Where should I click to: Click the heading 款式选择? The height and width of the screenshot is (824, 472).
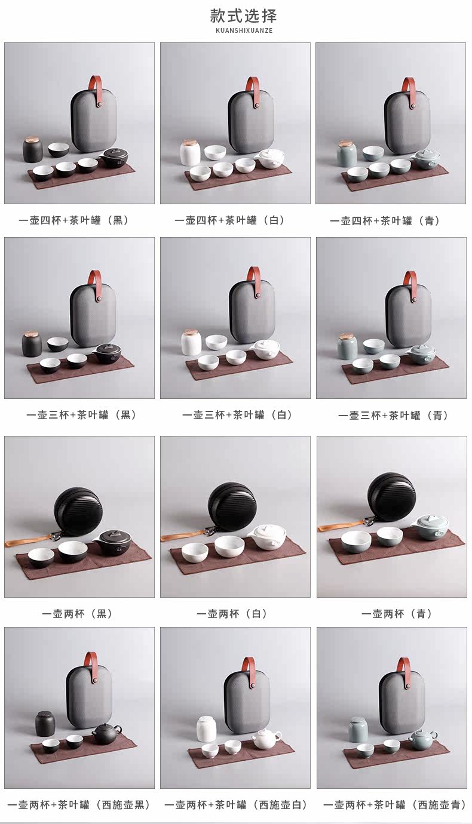pos(243,16)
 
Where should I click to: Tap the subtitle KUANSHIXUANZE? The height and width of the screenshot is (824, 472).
pos(244,30)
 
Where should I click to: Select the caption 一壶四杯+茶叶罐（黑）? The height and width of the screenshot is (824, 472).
pos(74,220)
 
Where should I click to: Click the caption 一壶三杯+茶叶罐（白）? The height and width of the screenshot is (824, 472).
pos(238,415)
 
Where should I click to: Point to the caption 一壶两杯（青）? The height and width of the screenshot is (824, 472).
pos(397,613)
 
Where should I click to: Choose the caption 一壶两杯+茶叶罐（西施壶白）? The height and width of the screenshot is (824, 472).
pos(236,804)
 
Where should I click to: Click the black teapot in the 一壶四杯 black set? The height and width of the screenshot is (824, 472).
pos(114,157)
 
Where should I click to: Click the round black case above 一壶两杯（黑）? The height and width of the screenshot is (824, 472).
pos(77,510)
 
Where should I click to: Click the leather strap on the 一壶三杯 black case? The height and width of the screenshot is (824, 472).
pos(96,285)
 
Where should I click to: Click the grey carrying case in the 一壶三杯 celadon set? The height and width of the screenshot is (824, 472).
pos(405,315)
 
